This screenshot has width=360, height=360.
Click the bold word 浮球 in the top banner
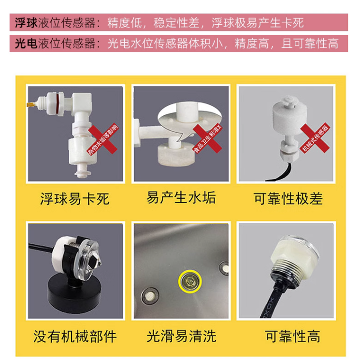tap(27, 23)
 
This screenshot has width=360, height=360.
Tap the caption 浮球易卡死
tap(75, 198)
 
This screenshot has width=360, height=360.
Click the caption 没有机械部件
tap(75, 336)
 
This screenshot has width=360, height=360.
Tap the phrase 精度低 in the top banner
tap(124, 23)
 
